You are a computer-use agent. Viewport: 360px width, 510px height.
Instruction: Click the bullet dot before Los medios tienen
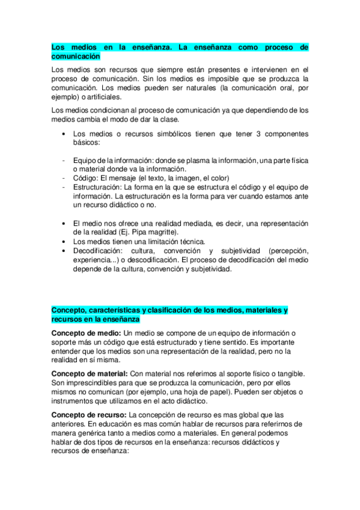click(64, 241)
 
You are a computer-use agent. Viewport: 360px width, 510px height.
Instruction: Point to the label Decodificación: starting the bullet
click(96, 250)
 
